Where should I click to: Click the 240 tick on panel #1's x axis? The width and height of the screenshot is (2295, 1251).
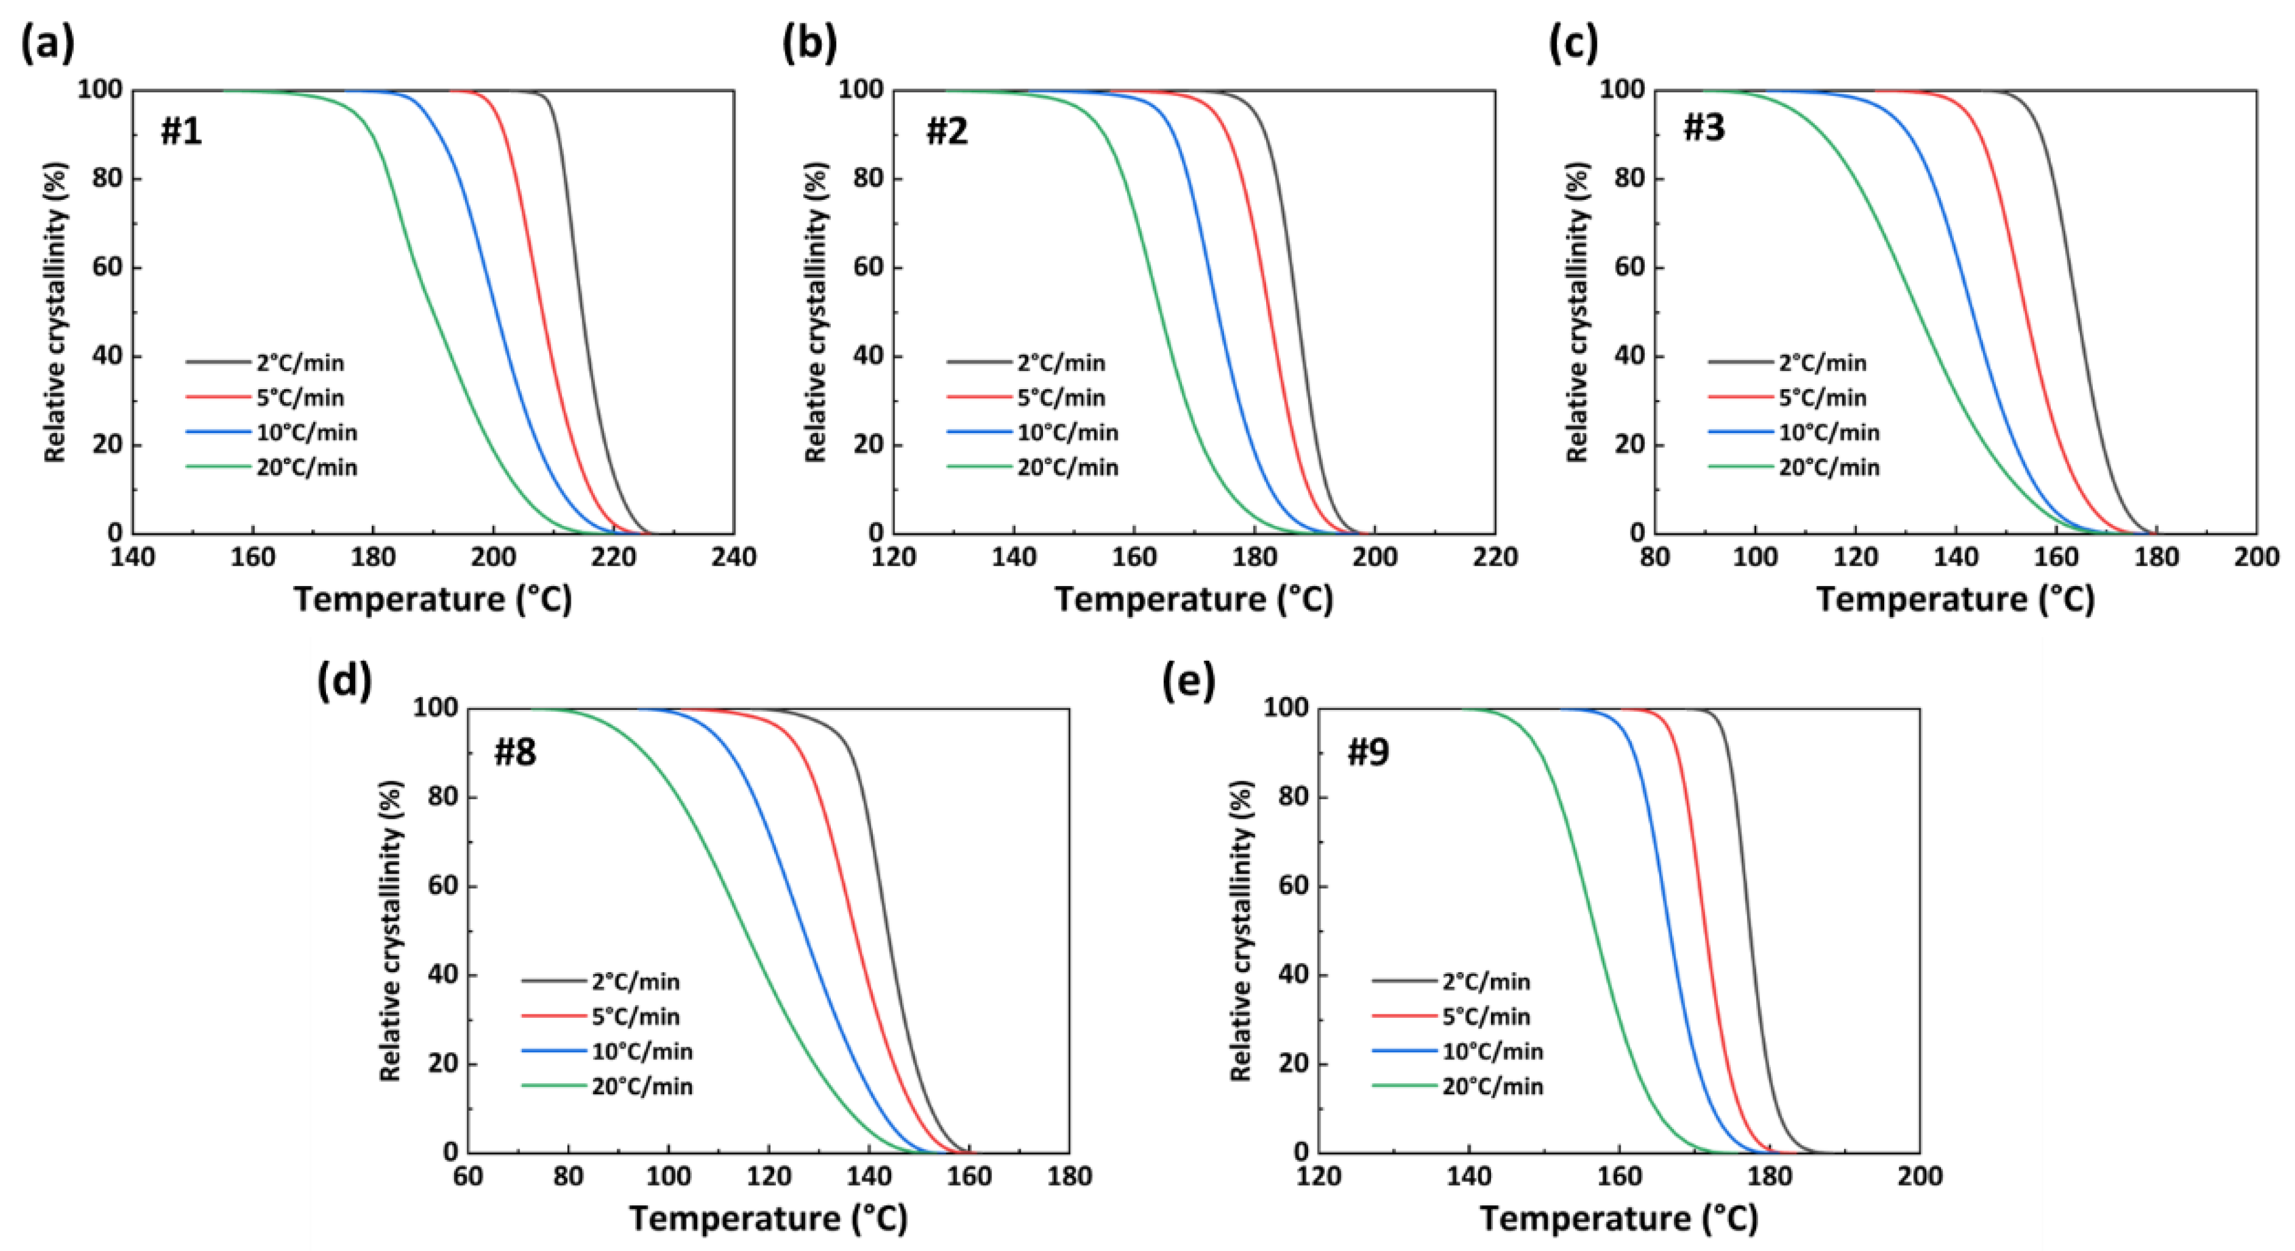pos(734,559)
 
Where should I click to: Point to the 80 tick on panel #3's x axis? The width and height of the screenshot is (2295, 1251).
pos(1655,559)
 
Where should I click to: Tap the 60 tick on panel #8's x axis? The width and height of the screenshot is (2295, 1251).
pos(468,1177)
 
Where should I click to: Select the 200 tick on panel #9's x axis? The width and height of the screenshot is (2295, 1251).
pos(1919,1177)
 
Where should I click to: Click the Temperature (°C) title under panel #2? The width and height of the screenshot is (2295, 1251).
pos(1194,599)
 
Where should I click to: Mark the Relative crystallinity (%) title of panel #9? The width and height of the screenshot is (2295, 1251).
pos(1241,930)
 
